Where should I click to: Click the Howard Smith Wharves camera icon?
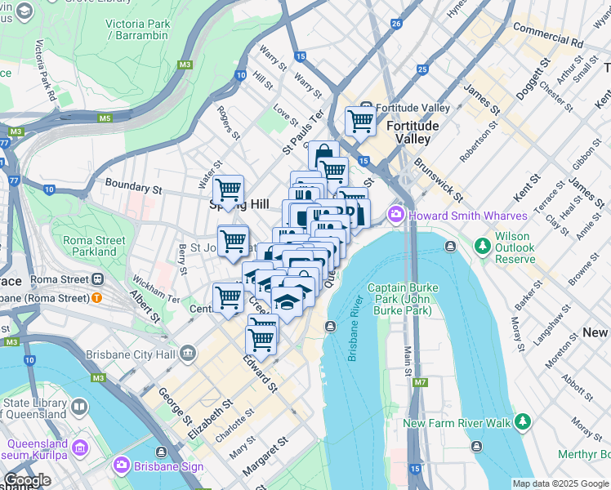click(397, 215)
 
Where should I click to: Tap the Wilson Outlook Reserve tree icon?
click(482, 245)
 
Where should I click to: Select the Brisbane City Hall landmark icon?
click(189, 354)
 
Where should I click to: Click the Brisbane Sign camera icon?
click(122, 465)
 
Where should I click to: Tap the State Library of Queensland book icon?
click(79, 407)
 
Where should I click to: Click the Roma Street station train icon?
click(97, 279)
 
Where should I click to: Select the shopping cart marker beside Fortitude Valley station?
click(360, 121)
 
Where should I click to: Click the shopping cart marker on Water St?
click(228, 189)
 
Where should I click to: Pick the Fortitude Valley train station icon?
click(368, 108)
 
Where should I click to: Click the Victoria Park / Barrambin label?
click(137, 29)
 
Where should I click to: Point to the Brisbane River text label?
click(355, 335)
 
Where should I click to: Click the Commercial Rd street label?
click(547, 34)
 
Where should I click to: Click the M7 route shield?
click(420, 381)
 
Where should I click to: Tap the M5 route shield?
click(105, 118)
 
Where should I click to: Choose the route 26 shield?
click(396, 24)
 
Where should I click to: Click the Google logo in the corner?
click(27, 480)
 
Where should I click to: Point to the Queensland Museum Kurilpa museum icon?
click(80, 448)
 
